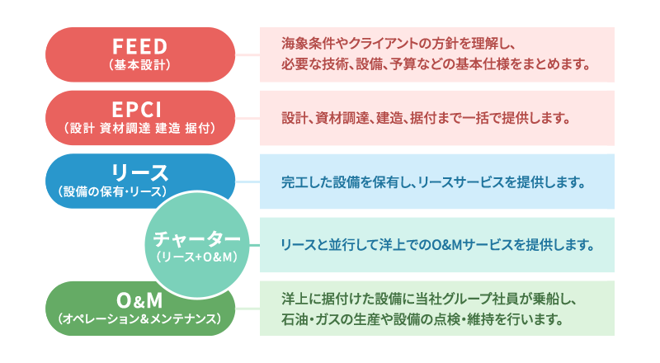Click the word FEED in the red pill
click(x=140, y=46)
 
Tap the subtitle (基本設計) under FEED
click(x=139, y=65)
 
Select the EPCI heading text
click(x=137, y=110)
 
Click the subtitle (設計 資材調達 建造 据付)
click(x=139, y=128)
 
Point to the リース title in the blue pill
click(x=139, y=172)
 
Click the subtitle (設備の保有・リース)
click(x=112, y=191)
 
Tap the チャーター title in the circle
click(x=196, y=238)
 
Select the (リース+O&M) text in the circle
click(x=196, y=257)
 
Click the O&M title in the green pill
click(x=139, y=300)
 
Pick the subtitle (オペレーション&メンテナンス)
click(x=139, y=318)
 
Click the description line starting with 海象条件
click(x=398, y=44)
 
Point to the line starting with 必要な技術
click(x=436, y=64)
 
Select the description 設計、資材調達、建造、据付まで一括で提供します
click(x=426, y=118)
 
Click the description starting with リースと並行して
click(x=437, y=245)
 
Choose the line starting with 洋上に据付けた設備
click(x=428, y=299)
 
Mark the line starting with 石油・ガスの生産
click(x=422, y=319)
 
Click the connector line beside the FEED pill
click(x=247, y=54)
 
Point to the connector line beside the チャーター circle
click(x=254, y=245)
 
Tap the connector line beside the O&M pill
click(x=247, y=309)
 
